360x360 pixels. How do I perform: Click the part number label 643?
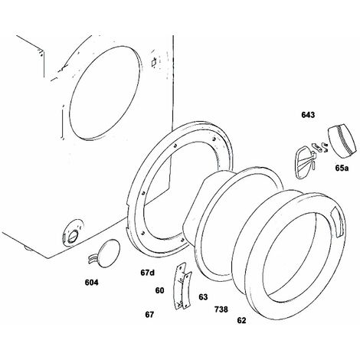pos(308,115)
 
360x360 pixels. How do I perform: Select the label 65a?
pos(342,168)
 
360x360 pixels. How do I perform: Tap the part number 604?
pos(91,283)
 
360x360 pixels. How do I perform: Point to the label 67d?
pos(148,273)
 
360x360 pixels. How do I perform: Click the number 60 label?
pos(159,290)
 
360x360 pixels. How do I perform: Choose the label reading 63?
pos(203,297)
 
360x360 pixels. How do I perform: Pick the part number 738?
pos(221,309)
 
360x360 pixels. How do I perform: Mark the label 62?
pos(241,320)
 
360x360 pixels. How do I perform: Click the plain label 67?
pos(149,315)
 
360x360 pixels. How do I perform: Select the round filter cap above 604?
pos(110,254)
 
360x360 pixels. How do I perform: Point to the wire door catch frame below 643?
pos(304,165)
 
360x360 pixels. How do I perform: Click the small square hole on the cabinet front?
pos(154,62)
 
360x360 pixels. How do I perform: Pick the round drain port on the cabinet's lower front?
pos(73,233)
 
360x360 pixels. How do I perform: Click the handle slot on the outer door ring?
pos(339,222)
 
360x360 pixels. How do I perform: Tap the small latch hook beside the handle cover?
pos(325,147)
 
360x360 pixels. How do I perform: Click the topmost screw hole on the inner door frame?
pos(214,139)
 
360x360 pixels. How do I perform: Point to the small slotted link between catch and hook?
pos(316,146)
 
